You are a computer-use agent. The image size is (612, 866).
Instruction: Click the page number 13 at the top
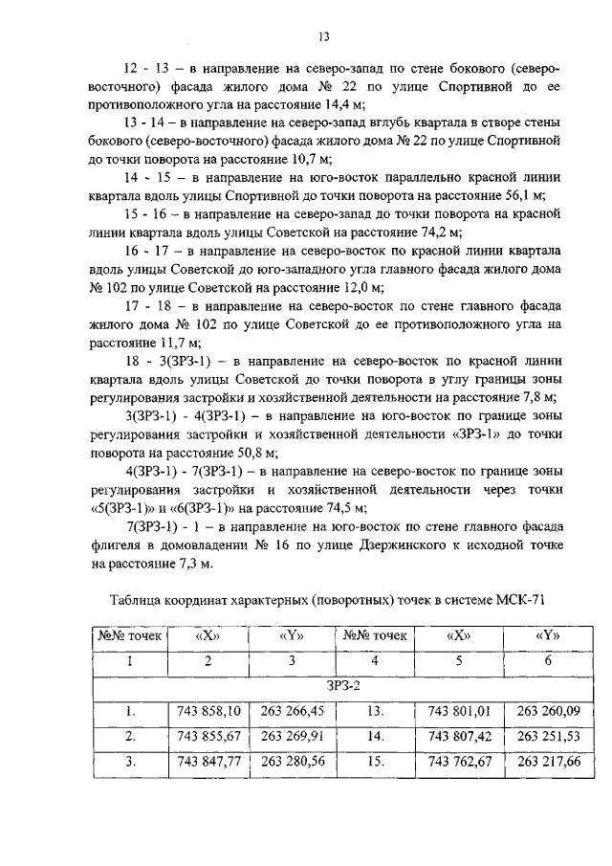323,37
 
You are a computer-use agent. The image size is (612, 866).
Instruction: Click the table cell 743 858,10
208,711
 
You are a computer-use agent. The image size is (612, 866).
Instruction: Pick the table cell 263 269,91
292,737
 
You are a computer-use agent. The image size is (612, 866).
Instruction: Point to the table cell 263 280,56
292,763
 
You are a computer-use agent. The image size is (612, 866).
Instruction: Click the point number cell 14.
376,737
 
